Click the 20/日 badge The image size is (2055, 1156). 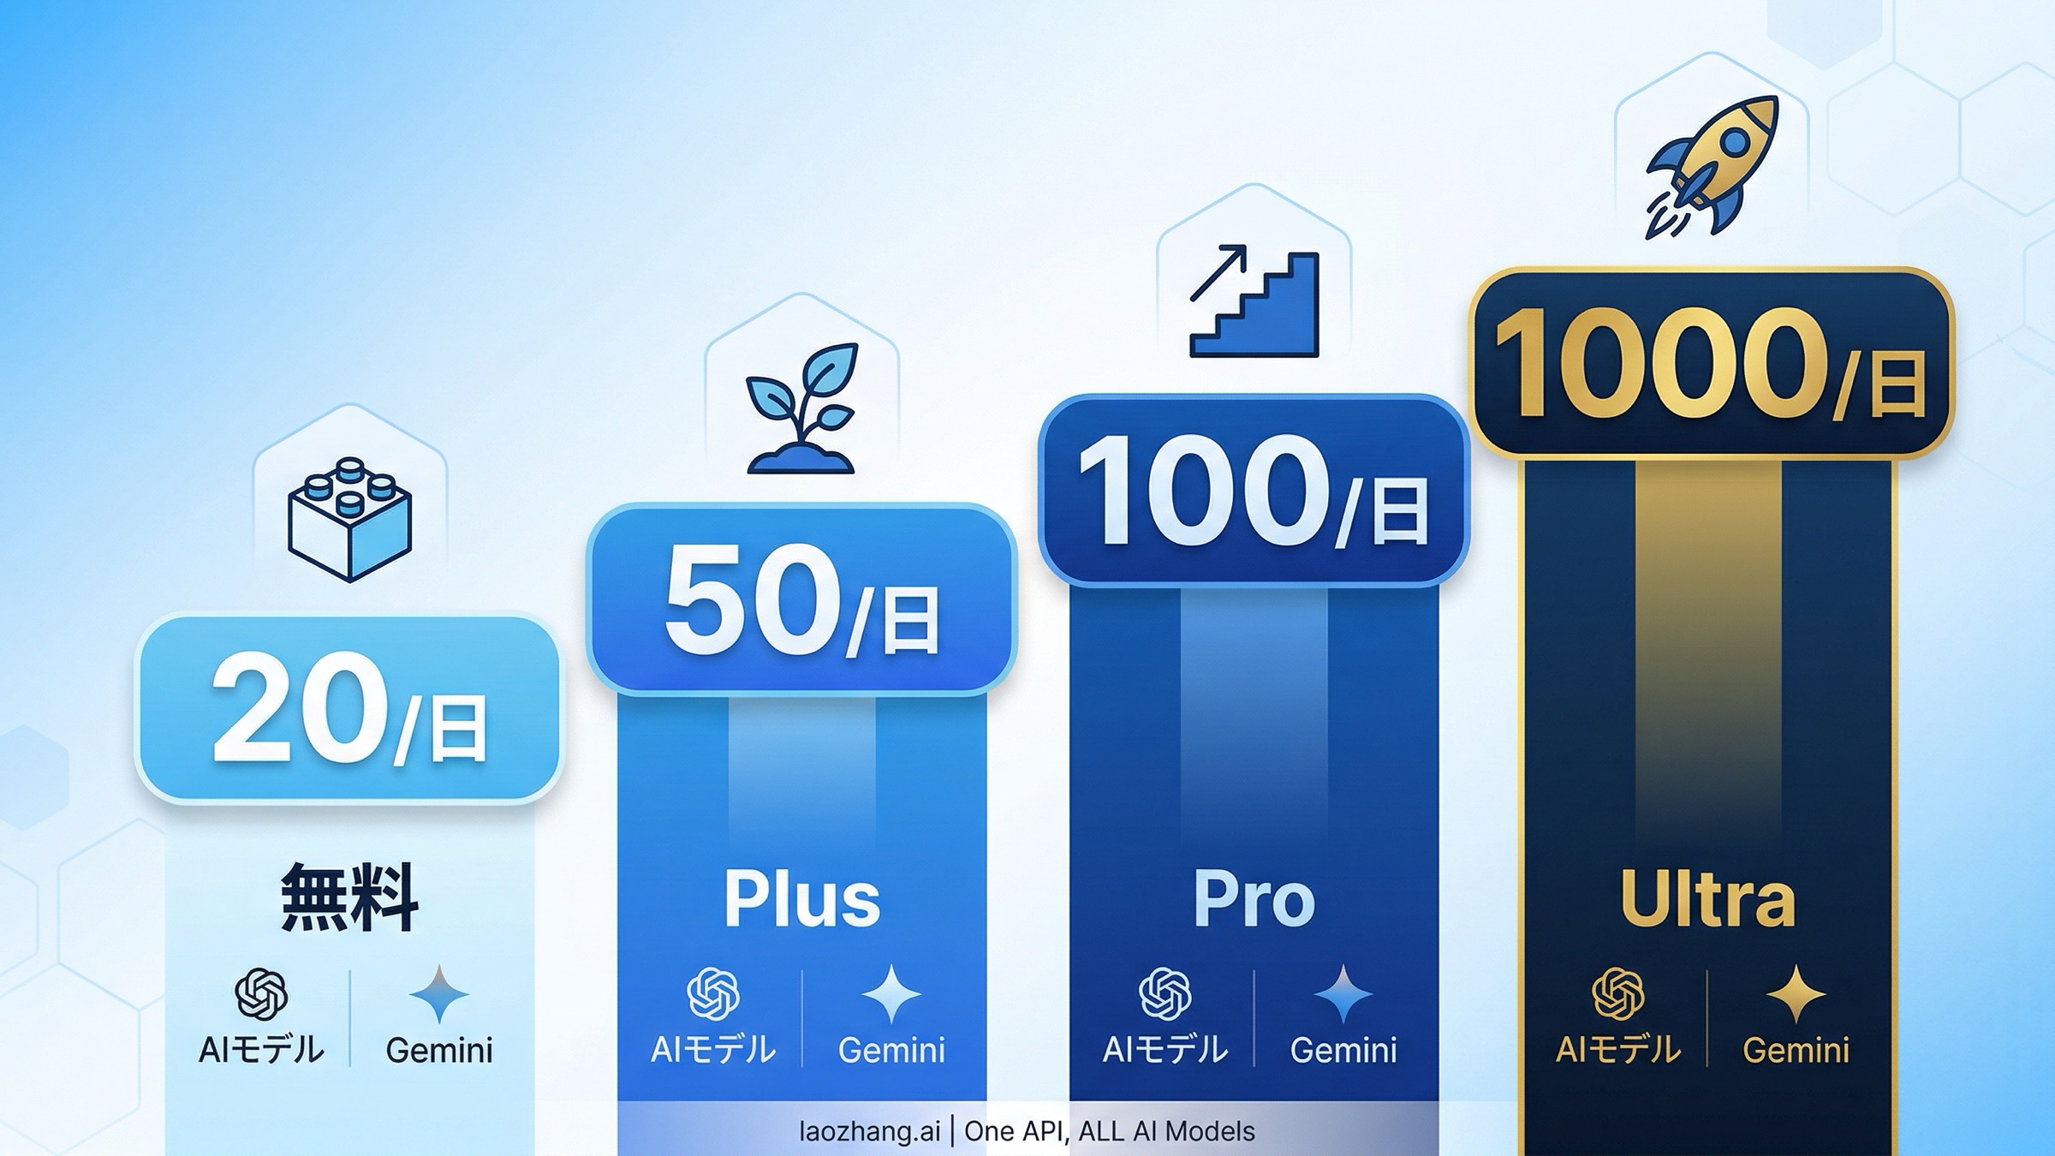349,708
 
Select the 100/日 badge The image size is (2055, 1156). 1254,491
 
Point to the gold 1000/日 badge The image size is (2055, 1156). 1711,364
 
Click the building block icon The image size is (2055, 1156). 350,519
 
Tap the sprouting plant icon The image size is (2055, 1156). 801,408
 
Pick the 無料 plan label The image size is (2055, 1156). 349,897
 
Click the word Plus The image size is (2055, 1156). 801,898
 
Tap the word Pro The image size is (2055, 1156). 1254,898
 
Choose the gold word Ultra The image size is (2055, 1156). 1707,898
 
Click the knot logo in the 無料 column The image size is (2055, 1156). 261,994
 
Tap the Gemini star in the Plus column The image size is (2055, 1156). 891,994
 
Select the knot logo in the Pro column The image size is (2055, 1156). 1164,994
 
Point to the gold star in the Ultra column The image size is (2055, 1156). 1796,994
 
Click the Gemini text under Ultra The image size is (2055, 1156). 1796,1051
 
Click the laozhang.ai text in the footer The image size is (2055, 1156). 869,1132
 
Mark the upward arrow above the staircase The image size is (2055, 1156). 1218,272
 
